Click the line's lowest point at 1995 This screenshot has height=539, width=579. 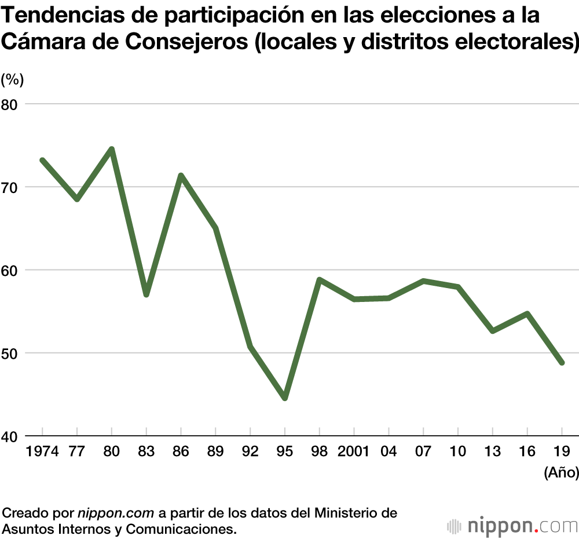[285, 398]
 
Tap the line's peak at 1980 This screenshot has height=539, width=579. [112, 149]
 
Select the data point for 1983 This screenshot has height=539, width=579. [146, 294]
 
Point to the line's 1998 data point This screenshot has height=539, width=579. [319, 280]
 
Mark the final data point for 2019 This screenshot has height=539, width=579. [562, 363]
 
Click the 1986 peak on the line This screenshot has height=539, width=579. [181, 175]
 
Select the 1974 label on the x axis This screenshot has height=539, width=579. [42, 451]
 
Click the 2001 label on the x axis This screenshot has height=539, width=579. [353, 451]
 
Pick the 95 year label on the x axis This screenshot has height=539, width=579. [285, 451]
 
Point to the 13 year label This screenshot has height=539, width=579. [492, 451]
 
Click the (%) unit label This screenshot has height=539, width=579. [12, 79]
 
